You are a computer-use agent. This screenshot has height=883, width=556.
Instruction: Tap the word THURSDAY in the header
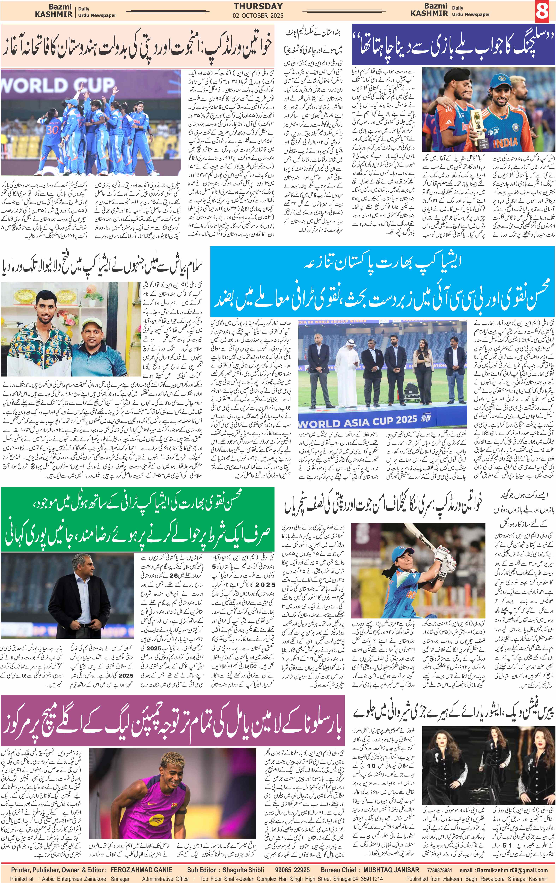(258, 6)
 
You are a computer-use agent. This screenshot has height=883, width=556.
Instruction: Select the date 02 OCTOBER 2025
(258, 16)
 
